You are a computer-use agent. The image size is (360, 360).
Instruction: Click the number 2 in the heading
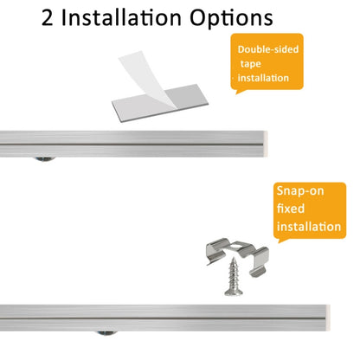pos(48,18)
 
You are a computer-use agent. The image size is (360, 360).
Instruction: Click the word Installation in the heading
pos(121,17)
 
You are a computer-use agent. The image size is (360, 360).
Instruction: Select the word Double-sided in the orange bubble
pos(268,49)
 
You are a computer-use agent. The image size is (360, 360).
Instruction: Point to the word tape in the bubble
pos(250,64)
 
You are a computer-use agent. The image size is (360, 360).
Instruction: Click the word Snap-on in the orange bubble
pos(300,191)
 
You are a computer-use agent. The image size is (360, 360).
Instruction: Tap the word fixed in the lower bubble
pos(291,209)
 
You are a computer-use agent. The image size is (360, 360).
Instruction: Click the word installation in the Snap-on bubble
pos(309,227)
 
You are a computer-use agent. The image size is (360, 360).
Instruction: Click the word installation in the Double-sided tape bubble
pos(263,78)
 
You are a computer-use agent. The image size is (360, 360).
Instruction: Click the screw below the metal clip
pos(234,277)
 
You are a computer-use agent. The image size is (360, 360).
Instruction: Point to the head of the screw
pos(234,292)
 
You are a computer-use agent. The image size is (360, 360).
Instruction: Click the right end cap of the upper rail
pos(266,144)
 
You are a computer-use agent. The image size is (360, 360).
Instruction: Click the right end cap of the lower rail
pos(328,318)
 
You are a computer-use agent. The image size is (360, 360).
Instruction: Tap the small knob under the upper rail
pos(45,158)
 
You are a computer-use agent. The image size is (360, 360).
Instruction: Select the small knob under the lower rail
pos(107,333)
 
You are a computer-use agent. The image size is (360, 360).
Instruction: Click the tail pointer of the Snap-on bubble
pos(283,240)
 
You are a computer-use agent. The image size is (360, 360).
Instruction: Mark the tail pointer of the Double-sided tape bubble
pos(241,92)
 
